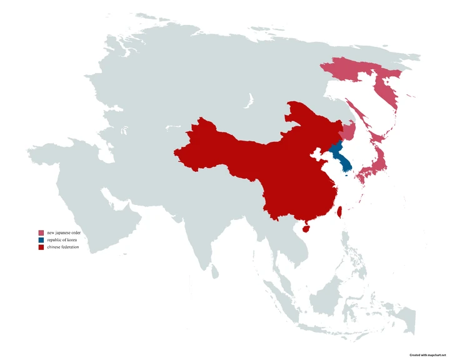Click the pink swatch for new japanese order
41,233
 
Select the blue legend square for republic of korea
41,241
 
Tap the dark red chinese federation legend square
41,248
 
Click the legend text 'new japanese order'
64,233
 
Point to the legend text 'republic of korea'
63,241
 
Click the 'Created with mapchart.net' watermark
428,355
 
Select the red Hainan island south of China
304,229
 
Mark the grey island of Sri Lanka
214,271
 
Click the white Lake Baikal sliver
249,101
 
